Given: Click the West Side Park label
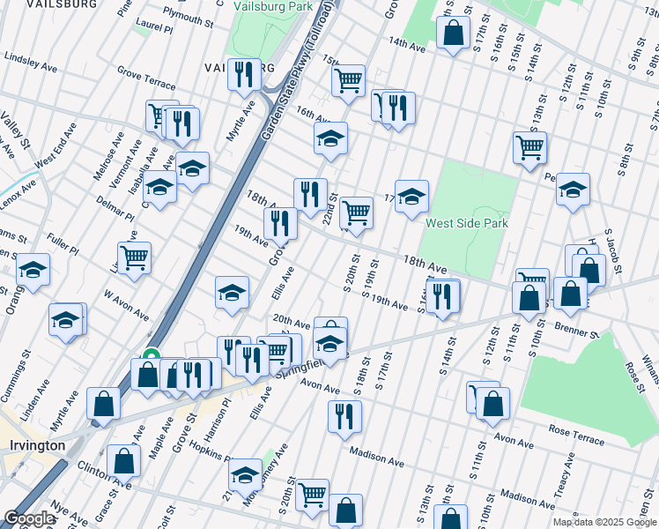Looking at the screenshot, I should [x=465, y=223].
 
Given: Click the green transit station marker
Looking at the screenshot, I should [x=151, y=357].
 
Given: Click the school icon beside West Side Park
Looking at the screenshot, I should [x=411, y=197].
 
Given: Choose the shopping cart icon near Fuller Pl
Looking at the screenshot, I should [x=135, y=258].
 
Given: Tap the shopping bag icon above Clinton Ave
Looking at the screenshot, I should [x=125, y=460].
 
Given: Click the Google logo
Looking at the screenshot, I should [x=29, y=518].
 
